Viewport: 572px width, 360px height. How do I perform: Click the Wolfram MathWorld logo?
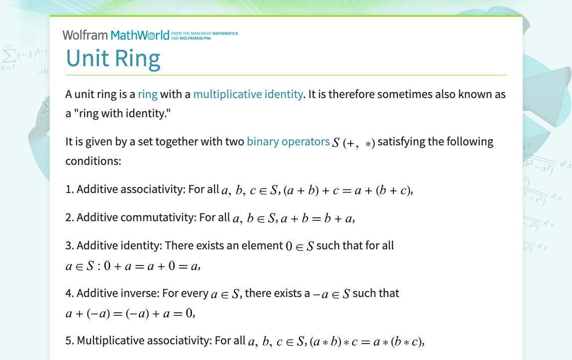click(116, 35)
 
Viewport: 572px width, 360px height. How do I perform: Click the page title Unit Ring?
click(113, 58)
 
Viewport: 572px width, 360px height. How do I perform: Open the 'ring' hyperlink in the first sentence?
click(148, 94)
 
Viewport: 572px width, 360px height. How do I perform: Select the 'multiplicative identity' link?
click(248, 94)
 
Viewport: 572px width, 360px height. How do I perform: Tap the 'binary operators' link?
click(288, 142)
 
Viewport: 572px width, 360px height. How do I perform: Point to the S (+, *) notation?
click(353, 143)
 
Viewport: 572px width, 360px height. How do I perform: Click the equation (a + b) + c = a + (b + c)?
click(348, 190)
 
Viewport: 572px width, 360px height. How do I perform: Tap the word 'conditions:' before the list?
click(94, 162)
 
